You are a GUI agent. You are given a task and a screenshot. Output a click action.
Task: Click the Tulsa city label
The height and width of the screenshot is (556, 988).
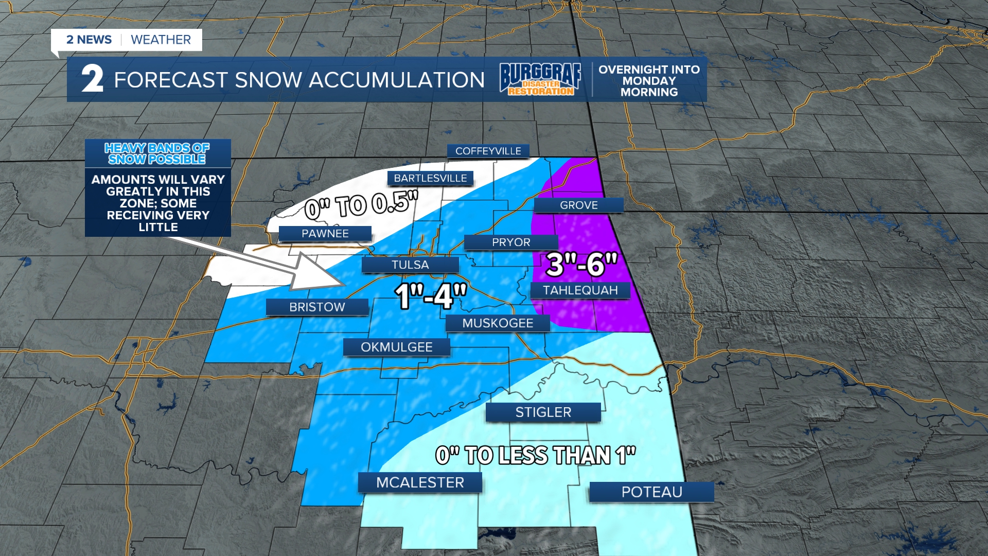(x=410, y=265)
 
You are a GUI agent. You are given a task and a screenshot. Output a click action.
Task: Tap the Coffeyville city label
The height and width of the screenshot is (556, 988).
(x=488, y=151)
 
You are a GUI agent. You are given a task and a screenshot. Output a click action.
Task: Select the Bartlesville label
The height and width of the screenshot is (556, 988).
(x=430, y=178)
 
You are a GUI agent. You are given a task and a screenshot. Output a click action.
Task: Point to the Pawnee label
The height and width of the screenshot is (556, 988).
(x=325, y=234)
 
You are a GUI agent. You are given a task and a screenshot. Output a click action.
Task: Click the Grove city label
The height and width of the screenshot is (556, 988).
(x=578, y=205)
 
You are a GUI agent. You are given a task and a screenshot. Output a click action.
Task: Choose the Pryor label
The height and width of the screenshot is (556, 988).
(x=510, y=242)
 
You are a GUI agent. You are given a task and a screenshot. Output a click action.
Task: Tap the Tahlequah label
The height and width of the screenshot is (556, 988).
(x=580, y=290)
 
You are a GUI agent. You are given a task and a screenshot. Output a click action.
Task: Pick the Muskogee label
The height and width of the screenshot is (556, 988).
(x=498, y=323)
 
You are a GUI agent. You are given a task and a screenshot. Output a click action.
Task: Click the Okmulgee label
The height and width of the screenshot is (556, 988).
(x=396, y=347)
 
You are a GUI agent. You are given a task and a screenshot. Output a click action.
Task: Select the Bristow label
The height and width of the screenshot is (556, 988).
(x=317, y=307)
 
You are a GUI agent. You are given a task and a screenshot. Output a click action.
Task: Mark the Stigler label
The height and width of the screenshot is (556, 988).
(x=543, y=412)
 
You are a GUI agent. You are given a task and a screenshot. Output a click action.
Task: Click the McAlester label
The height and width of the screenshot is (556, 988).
(x=420, y=482)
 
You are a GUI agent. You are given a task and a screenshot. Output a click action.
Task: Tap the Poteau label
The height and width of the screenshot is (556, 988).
(x=651, y=492)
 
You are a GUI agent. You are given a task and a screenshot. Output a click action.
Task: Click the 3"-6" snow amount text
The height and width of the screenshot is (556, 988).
(x=581, y=265)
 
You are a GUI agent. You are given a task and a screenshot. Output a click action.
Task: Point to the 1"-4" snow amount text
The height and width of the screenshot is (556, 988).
(x=431, y=297)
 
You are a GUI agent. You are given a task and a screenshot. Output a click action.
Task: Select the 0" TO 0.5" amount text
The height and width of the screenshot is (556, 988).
(x=361, y=204)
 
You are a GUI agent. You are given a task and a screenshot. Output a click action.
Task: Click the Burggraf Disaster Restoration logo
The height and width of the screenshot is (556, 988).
(x=540, y=79)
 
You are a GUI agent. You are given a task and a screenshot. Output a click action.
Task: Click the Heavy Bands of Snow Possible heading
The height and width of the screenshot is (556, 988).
(x=157, y=153)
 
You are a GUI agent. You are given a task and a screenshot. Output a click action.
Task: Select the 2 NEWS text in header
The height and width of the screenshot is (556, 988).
(x=89, y=40)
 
